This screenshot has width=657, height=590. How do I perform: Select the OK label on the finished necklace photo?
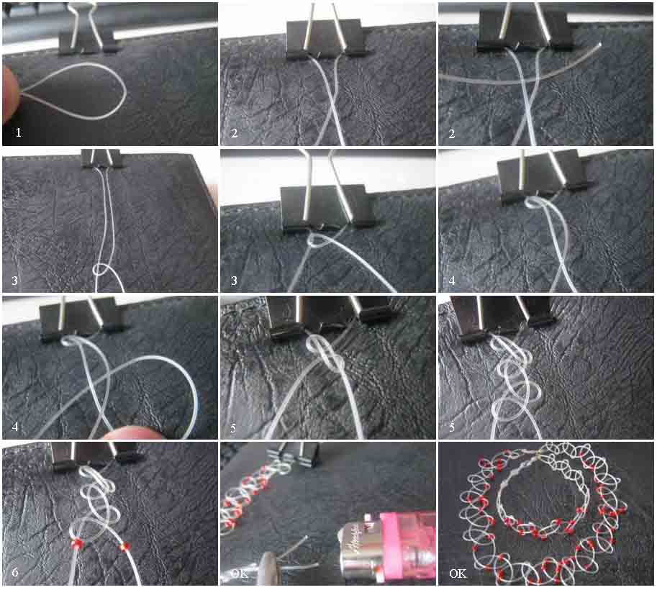[457, 573]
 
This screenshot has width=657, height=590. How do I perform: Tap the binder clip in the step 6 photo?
[94, 453]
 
